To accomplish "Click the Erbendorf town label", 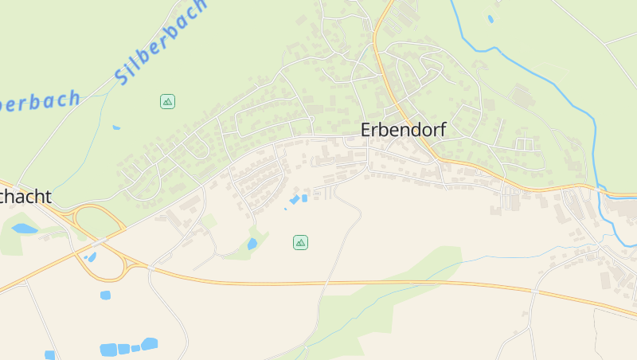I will point(404,129).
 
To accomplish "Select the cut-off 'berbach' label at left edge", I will point(40,101).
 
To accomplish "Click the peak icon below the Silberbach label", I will point(167,101).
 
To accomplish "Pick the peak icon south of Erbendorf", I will point(300,242).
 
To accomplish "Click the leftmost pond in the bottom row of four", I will point(108,350).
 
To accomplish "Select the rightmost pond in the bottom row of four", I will point(149,344).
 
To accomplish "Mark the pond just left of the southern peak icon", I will point(252,245).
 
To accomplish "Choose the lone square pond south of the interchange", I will point(105,295).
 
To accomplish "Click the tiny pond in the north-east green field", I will point(490,18).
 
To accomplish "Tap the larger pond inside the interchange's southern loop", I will point(92,257).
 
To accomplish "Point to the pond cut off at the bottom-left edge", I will point(49,355).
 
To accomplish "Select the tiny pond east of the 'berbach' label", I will point(116,127).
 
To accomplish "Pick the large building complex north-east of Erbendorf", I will point(523,97).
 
